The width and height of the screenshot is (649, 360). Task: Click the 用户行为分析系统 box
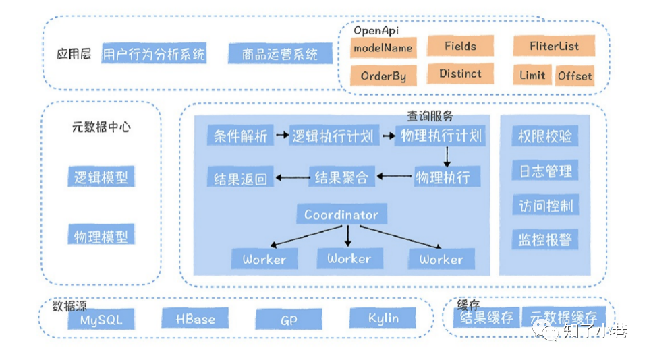point(154,54)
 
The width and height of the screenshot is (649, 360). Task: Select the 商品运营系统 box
point(280,54)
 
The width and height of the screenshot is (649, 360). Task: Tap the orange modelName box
point(383,48)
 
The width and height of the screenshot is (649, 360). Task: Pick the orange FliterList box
point(554,47)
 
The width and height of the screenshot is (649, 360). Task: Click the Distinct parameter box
point(460,73)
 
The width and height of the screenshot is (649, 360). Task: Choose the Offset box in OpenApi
point(575,76)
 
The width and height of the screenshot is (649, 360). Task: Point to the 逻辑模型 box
point(101,178)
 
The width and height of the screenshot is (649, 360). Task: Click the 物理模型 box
point(101,236)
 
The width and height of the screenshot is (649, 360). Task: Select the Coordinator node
point(341,215)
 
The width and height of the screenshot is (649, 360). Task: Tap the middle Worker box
point(349,258)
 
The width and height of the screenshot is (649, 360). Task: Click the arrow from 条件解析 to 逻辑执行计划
point(281,136)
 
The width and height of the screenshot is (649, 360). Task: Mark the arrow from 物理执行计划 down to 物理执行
point(446,156)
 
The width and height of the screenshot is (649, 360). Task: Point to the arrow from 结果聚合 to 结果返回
point(291,178)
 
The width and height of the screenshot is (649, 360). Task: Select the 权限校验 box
point(544,136)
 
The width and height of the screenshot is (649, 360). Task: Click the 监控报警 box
point(544,239)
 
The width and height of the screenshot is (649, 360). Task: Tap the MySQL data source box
point(101,320)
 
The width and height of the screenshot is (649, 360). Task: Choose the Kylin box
point(383,318)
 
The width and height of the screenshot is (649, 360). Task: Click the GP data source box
point(289,320)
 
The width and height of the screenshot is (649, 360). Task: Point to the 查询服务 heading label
point(430,117)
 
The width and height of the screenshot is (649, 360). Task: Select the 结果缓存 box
point(486,318)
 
